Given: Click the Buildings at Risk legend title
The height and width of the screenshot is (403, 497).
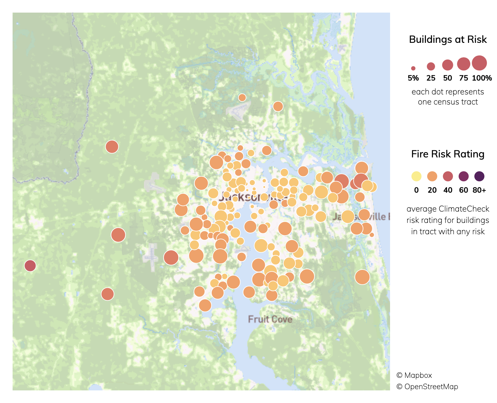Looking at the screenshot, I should pos(448,39).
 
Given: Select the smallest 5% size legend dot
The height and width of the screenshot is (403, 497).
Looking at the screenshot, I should pos(413,68).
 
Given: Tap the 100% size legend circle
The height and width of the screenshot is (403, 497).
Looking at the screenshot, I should pos(479,63).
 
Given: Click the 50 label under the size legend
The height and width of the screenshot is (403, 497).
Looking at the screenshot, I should pos(447,78).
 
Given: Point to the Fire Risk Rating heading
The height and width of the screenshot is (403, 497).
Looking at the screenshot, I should pos(448,154).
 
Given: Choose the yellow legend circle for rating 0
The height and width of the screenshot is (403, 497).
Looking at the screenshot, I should pos(416,176).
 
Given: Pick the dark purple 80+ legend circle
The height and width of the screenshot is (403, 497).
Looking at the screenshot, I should pos(479,176).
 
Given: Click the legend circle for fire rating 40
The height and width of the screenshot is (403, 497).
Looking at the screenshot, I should pos(448,176).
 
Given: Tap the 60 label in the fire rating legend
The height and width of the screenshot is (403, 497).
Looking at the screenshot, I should pos(463,190).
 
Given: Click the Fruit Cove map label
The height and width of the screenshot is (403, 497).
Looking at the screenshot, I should pos(270,319).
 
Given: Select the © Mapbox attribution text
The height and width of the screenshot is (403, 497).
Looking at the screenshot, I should pos(414,375).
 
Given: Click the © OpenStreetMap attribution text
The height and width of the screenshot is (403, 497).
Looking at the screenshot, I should pos(427,387).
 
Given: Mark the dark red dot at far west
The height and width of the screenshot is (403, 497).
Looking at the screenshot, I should pos(30,266).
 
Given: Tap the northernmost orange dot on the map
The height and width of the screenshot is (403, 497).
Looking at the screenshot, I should pos(242,98).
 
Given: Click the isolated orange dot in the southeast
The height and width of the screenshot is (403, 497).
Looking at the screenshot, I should pos(362,277).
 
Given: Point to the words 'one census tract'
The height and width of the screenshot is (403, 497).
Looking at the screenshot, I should pos(448,102).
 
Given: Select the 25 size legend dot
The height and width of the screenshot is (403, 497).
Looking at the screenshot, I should pos(431,66).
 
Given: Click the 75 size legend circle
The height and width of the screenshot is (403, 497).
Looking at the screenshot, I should pos(463,64).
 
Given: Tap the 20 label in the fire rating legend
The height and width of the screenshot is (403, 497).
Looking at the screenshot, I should pos(432,190).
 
